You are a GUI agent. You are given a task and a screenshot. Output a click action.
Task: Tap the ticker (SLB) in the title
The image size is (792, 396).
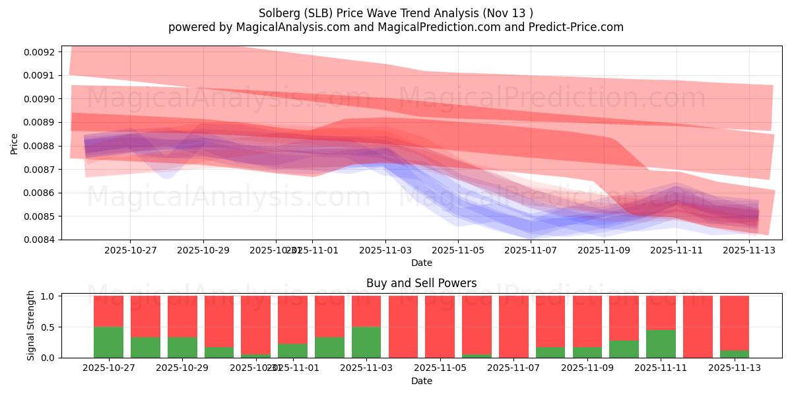click(x=317, y=13)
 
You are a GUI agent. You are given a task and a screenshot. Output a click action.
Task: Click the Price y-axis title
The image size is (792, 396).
click(x=15, y=143)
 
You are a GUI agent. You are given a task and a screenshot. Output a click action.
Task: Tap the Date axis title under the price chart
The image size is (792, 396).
click(x=422, y=263)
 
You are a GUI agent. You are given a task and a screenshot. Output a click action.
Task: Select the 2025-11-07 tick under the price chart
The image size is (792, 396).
click(x=531, y=251)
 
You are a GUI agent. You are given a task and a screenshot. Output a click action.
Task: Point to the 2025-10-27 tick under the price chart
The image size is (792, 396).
click(x=130, y=251)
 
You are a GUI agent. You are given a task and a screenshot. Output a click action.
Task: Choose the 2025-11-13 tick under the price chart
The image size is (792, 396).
click(x=749, y=251)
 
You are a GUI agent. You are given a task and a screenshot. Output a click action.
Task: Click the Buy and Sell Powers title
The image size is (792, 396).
click(x=422, y=283)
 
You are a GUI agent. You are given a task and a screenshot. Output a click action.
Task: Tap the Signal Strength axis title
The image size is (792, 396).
click(x=30, y=325)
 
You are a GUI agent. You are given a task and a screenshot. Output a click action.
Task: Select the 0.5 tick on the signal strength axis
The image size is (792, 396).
click(x=48, y=327)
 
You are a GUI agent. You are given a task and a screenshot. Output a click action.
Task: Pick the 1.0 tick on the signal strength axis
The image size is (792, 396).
click(x=48, y=296)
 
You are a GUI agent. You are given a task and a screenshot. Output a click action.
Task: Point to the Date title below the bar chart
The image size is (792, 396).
click(x=422, y=381)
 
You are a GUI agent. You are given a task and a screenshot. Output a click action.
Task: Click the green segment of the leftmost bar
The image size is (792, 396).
click(x=108, y=342)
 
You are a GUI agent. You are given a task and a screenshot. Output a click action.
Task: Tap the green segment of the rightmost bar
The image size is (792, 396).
click(x=735, y=354)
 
